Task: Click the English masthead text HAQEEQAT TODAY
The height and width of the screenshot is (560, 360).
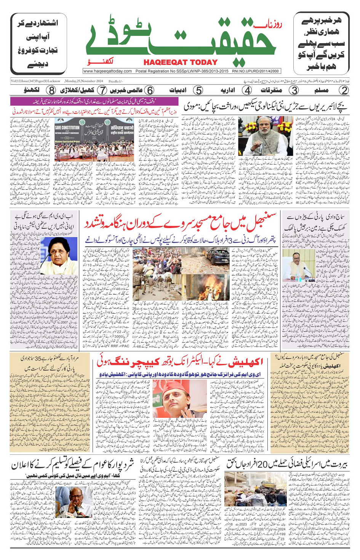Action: pyautogui.click(x=181, y=62)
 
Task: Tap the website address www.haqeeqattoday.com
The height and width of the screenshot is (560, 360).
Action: pyautogui.click(x=107, y=71)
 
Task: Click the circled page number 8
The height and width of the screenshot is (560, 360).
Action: pyautogui.click(x=51, y=90)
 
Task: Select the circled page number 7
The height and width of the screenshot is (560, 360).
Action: pyautogui.click(x=102, y=90)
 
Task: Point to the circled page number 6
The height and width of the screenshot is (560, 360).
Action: pyautogui.click(x=150, y=90)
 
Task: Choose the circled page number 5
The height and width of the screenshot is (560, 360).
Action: pyautogui.click(x=198, y=90)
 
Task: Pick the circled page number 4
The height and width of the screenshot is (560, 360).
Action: pyautogui.click(x=247, y=90)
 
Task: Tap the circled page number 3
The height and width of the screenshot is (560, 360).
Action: pyautogui.click(x=294, y=90)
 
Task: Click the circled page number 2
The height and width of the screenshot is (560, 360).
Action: pyautogui.click(x=344, y=90)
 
